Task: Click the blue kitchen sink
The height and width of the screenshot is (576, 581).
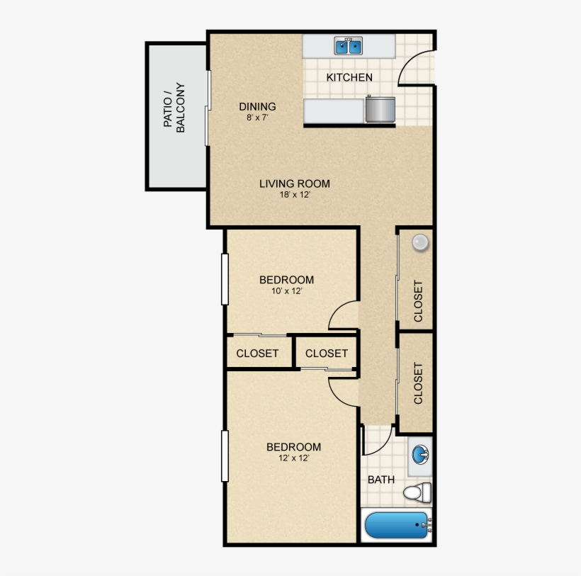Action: [349, 47]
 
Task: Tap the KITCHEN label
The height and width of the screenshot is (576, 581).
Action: [349, 77]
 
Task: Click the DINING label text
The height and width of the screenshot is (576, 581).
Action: [256, 107]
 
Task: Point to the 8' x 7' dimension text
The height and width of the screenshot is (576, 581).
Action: [256, 118]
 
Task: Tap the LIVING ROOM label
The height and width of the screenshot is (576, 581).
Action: [294, 183]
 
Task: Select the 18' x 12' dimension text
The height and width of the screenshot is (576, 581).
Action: [294, 195]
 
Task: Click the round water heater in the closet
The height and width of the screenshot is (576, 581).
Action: [421, 242]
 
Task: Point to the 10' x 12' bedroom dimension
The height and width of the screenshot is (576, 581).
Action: [286, 291]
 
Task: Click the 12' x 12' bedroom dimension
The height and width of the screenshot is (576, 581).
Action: [293, 458]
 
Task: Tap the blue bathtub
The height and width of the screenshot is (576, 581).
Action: [397, 526]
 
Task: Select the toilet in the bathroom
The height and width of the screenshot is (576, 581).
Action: [418, 491]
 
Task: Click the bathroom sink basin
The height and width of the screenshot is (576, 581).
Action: [421, 453]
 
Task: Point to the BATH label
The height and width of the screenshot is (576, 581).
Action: [381, 480]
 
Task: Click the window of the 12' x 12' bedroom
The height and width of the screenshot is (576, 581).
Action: [225, 456]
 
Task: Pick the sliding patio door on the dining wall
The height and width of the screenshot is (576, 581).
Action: [207, 108]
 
